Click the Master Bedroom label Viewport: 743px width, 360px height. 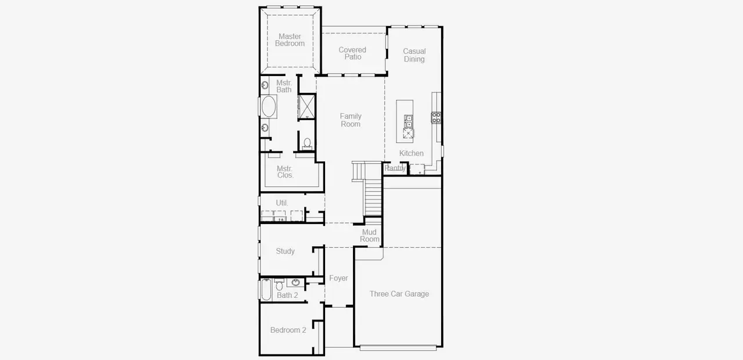coord(290,40)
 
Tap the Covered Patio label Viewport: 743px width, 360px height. coord(352,53)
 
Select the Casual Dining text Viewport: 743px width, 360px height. coord(414,55)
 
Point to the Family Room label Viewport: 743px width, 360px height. coord(351,120)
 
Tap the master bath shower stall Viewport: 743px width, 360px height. coord(306,106)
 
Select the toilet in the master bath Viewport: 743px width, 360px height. coord(307,143)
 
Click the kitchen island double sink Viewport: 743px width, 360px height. coord(409,121)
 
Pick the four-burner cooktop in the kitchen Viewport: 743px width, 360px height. coord(436,117)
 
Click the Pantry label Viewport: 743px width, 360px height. coord(395,168)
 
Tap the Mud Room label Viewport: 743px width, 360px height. coord(370,236)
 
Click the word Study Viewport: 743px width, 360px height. coord(285,251)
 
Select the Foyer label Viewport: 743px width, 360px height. coord(338,279)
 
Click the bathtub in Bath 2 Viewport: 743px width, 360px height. coord(266,289)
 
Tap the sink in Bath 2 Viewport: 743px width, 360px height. coord(295,283)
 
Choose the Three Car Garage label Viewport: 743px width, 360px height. coord(399,294)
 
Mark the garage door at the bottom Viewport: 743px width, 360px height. coord(398,348)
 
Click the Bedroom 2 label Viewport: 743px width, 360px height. coord(288,330)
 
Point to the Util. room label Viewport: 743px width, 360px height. coord(282,203)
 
